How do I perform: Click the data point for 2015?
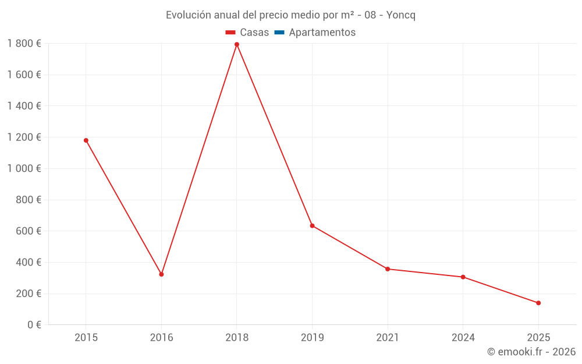tap(86, 140)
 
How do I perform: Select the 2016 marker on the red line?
tap(161, 274)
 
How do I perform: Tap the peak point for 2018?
tap(237, 44)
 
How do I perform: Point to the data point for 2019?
tap(312, 225)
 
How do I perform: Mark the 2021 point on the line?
tap(388, 269)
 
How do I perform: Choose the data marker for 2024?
tap(463, 277)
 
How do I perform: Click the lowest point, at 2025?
tap(538, 303)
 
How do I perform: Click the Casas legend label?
tap(254, 33)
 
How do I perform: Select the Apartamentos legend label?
tap(322, 33)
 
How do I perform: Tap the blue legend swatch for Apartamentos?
tap(279, 33)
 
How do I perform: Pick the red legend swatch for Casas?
tap(230, 33)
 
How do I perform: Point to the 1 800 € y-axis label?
tap(24, 44)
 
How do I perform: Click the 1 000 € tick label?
tap(24, 168)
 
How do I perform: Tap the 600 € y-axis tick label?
tap(27, 231)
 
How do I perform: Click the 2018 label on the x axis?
tap(237, 337)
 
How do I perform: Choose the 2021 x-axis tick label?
tap(388, 337)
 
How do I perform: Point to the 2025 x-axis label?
tap(538, 337)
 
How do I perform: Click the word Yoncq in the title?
tap(401, 15)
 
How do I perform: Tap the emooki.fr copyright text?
tap(531, 352)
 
